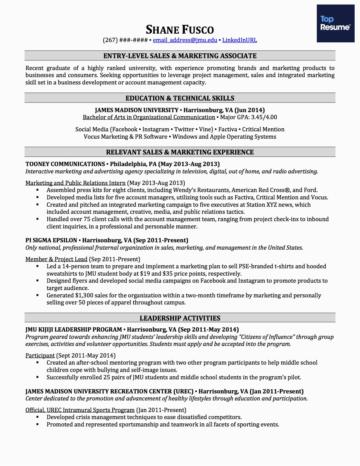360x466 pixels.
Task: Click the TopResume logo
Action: point(335,23)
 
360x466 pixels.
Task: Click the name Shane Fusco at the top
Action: point(180,30)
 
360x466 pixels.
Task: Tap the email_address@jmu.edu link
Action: point(185,40)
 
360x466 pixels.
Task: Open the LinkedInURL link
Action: point(239,40)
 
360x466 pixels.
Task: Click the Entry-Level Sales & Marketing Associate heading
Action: point(180,56)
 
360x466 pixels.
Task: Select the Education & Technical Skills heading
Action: point(180,98)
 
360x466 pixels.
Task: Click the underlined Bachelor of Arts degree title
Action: point(149,117)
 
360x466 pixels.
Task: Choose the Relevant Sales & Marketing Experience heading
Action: point(180,152)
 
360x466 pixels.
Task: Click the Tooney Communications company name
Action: point(65,164)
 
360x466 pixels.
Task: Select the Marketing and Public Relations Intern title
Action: point(75,183)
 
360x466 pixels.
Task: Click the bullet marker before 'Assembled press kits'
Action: point(38,190)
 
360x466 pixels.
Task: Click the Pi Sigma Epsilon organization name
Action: point(51,240)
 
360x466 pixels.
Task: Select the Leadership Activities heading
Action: point(180,318)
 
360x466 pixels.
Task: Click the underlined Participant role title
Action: point(40,356)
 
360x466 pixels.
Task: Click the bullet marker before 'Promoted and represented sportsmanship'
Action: point(38,424)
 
